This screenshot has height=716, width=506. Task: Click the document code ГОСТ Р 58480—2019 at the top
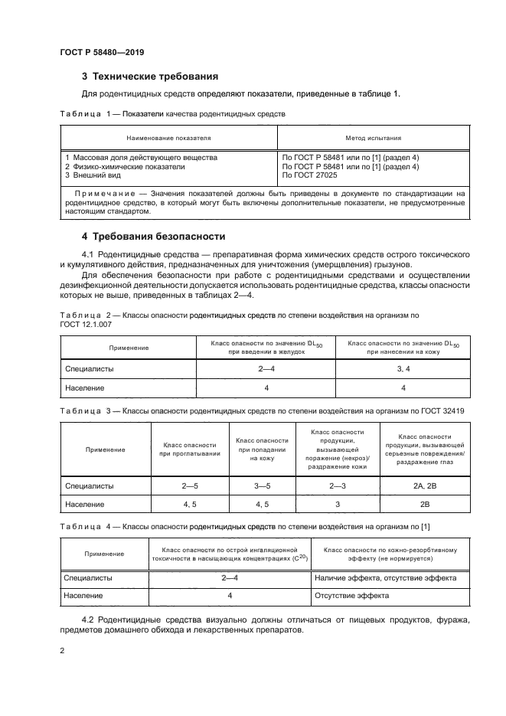(x=102, y=52)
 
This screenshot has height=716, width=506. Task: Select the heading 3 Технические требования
(x=150, y=77)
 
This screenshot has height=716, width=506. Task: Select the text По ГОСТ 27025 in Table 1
(x=311, y=175)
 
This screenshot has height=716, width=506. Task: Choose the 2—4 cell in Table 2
(x=267, y=369)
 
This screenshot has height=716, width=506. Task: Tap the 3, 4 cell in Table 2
(x=403, y=369)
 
